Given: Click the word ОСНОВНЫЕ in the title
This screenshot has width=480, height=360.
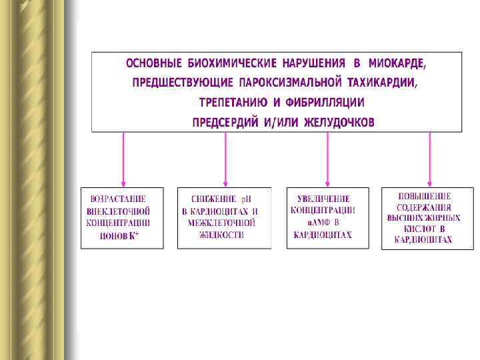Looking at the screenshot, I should (x=154, y=63).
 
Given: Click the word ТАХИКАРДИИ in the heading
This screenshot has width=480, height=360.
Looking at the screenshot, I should (x=385, y=83).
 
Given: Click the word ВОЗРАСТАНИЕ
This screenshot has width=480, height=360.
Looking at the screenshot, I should (x=118, y=199).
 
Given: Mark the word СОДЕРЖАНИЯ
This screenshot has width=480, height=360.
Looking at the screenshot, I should (x=424, y=207).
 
